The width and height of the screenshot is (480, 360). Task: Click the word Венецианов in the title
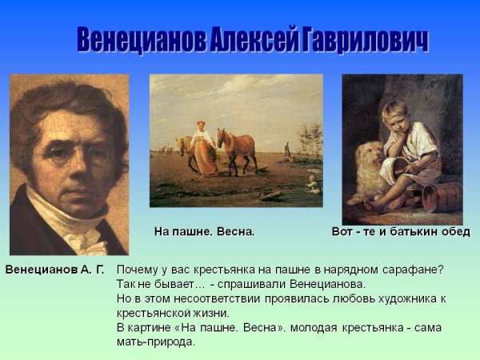coord(141,40)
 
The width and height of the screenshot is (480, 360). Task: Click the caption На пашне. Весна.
coord(204,232)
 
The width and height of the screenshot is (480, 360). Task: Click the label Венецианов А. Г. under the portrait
coord(54,269)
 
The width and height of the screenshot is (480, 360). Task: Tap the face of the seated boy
coord(395,117)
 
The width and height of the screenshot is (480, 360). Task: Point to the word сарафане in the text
coord(416,270)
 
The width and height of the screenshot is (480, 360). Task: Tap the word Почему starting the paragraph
coord(138,270)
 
